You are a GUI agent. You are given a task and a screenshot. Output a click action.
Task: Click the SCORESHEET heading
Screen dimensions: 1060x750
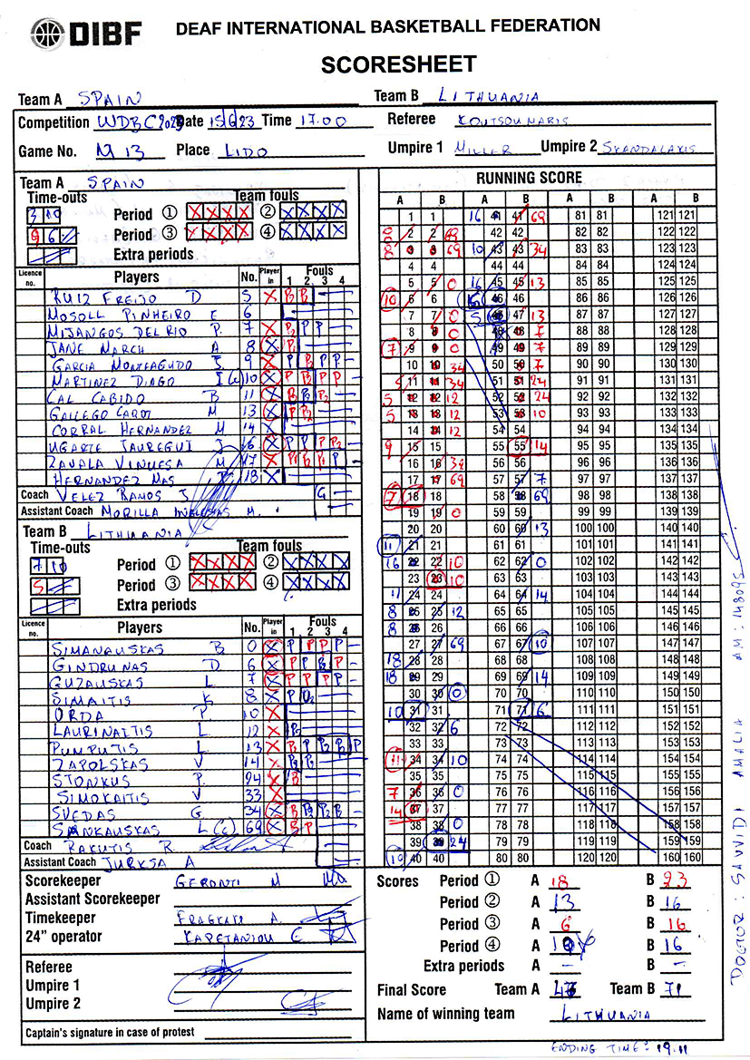click(398, 64)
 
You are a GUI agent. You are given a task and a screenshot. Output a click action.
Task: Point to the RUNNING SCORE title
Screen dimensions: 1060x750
click(529, 178)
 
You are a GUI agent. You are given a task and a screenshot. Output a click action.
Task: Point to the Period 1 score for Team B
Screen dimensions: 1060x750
click(675, 880)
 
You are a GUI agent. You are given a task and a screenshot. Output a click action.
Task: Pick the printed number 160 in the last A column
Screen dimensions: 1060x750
click(670, 856)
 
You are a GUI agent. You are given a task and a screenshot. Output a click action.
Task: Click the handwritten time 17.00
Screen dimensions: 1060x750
click(323, 121)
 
